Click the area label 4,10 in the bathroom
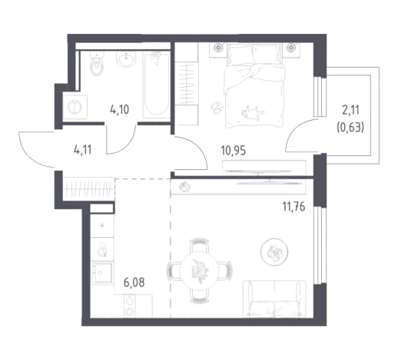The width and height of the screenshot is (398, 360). pyautogui.click(x=119, y=109)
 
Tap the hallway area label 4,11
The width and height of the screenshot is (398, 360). pyautogui.click(x=82, y=149)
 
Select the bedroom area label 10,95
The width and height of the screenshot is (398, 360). pyautogui.click(x=234, y=151)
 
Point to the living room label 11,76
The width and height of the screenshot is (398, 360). pyautogui.click(x=294, y=207)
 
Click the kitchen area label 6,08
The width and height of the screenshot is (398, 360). pyautogui.click(x=134, y=282)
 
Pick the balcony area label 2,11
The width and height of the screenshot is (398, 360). pyautogui.click(x=350, y=110)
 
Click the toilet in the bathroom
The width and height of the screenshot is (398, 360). pyautogui.click(x=97, y=64)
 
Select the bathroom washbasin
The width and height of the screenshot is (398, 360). pyautogui.click(x=126, y=59)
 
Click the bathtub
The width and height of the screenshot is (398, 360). pyautogui.click(x=156, y=85)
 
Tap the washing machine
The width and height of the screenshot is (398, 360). pyautogui.click(x=75, y=107)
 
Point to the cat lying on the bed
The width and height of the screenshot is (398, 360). pyautogui.click(x=253, y=113)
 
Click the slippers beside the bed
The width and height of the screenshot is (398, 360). pyautogui.click(x=217, y=108)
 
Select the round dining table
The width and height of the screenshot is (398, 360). pyautogui.click(x=199, y=271)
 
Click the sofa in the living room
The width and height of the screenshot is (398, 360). pyautogui.click(x=274, y=298)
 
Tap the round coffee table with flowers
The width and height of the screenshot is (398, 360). pyautogui.click(x=274, y=252)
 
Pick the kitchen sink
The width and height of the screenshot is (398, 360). pyautogui.click(x=102, y=273)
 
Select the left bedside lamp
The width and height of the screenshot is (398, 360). pyautogui.click(x=218, y=48)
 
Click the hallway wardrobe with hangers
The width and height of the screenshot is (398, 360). pyautogui.click(x=88, y=189)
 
